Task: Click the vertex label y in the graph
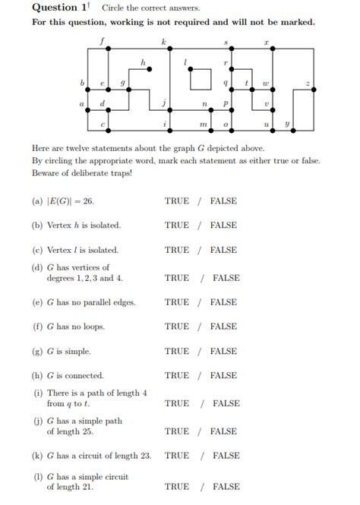pos(287,122)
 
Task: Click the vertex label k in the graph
pos(164,39)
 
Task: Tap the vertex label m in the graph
pos(203,123)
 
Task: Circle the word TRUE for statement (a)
pos(177,201)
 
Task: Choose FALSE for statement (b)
pos(223,226)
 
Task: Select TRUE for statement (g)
pos(177,351)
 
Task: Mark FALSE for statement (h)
pos(223,375)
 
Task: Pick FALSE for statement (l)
pos(226,487)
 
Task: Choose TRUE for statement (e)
pos(177,302)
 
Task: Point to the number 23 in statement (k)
pos(144,456)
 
